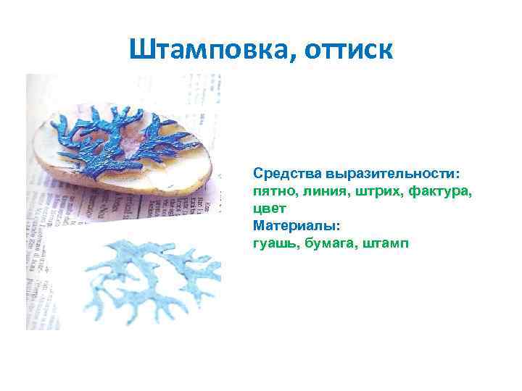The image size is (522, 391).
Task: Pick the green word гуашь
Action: click(x=273, y=242)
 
